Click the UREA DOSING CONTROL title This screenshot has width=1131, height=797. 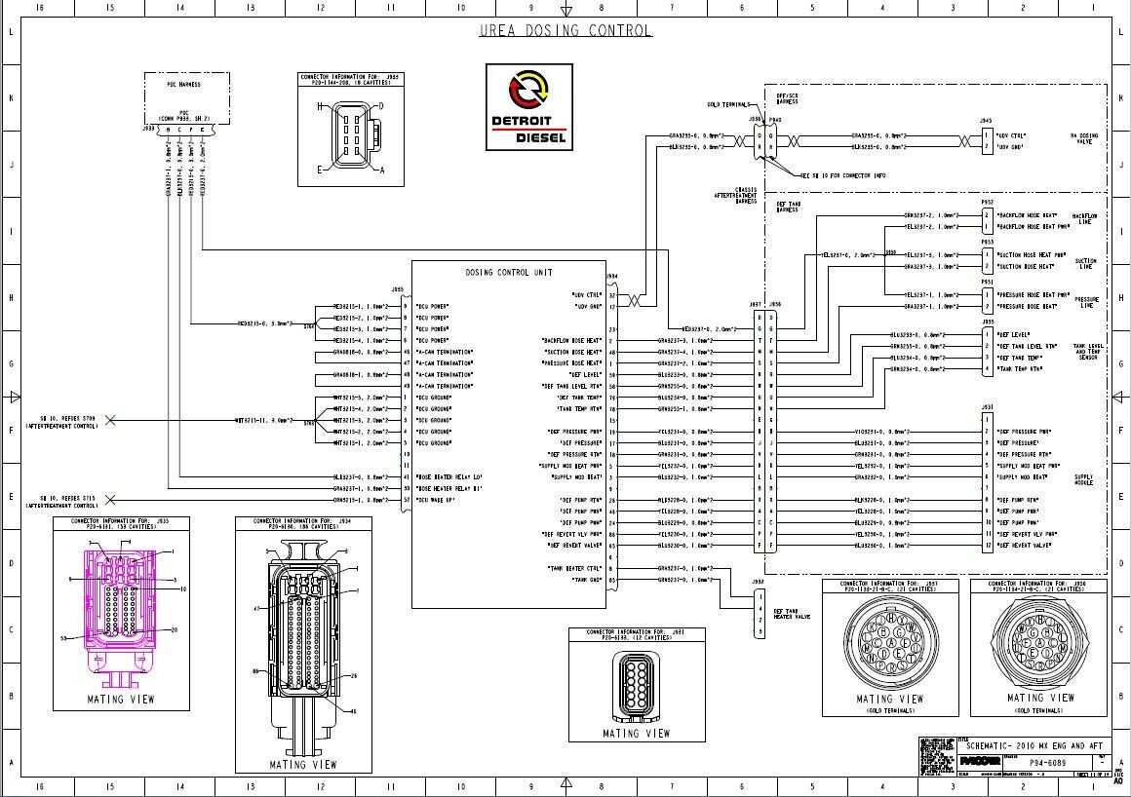pyautogui.click(x=565, y=30)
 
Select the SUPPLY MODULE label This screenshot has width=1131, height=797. pyautogui.click(x=1084, y=480)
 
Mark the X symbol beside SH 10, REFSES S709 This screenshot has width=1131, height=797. pyautogui.click(x=109, y=420)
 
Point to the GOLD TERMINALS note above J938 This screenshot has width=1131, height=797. pyautogui.click(x=728, y=104)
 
